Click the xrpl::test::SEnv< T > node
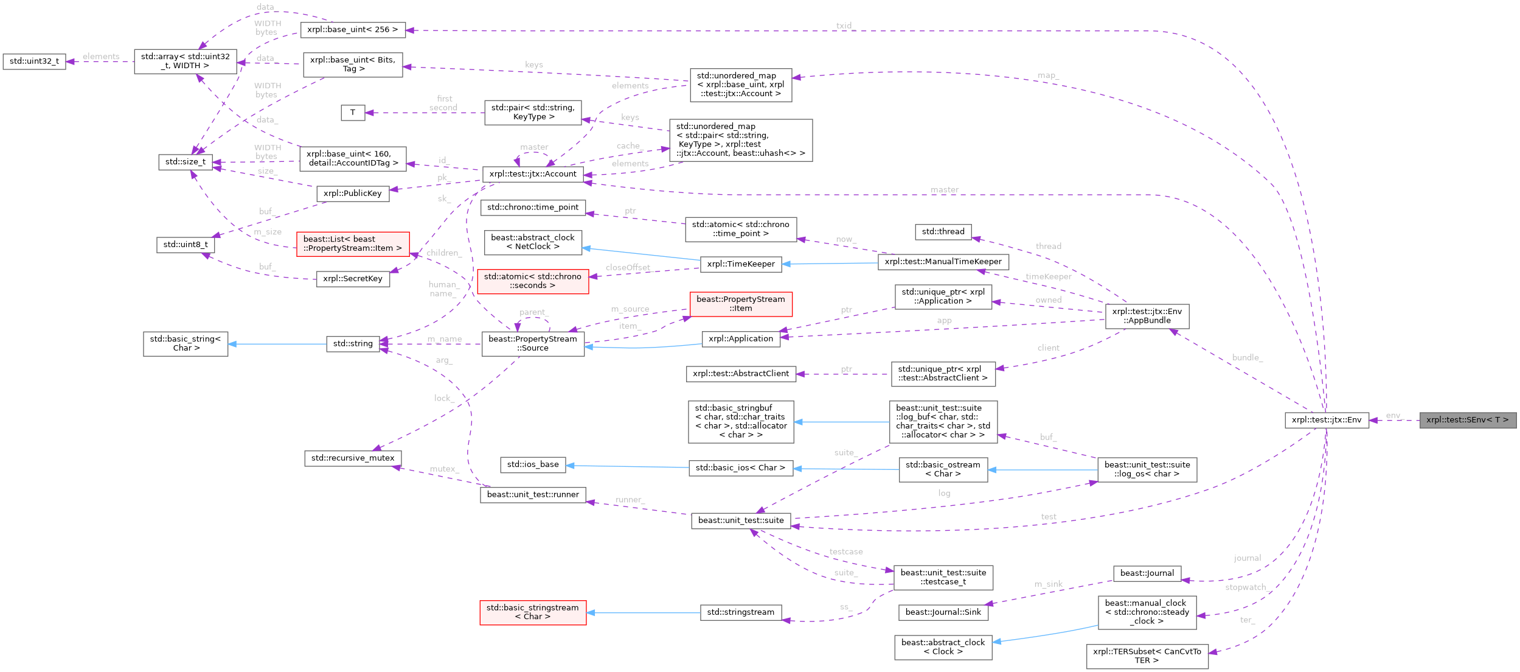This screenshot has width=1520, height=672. (1467, 420)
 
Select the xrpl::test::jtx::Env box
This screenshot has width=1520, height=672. (1327, 420)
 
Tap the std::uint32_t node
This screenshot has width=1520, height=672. (34, 61)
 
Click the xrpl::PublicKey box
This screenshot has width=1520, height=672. (353, 194)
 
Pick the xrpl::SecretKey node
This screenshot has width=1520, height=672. (353, 279)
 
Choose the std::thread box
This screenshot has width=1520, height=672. (943, 232)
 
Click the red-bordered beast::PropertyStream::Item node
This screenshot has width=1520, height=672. (741, 304)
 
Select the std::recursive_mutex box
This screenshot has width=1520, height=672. (353, 458)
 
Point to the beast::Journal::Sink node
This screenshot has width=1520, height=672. (943, 612)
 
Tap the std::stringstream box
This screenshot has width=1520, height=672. (740, 612)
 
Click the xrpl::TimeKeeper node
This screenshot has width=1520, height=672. (741, 264)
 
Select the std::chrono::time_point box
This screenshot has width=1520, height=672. (533, 208)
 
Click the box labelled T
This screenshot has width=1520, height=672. (353, 113)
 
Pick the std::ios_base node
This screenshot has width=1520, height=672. (533, 464)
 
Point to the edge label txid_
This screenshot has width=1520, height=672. (845, 26)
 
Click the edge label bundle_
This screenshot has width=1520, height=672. (1247, 357)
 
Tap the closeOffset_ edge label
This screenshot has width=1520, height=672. (628, 268)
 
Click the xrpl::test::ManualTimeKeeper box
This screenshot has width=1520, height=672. (943, 262)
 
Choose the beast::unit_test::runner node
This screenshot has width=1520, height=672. (533, 495)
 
